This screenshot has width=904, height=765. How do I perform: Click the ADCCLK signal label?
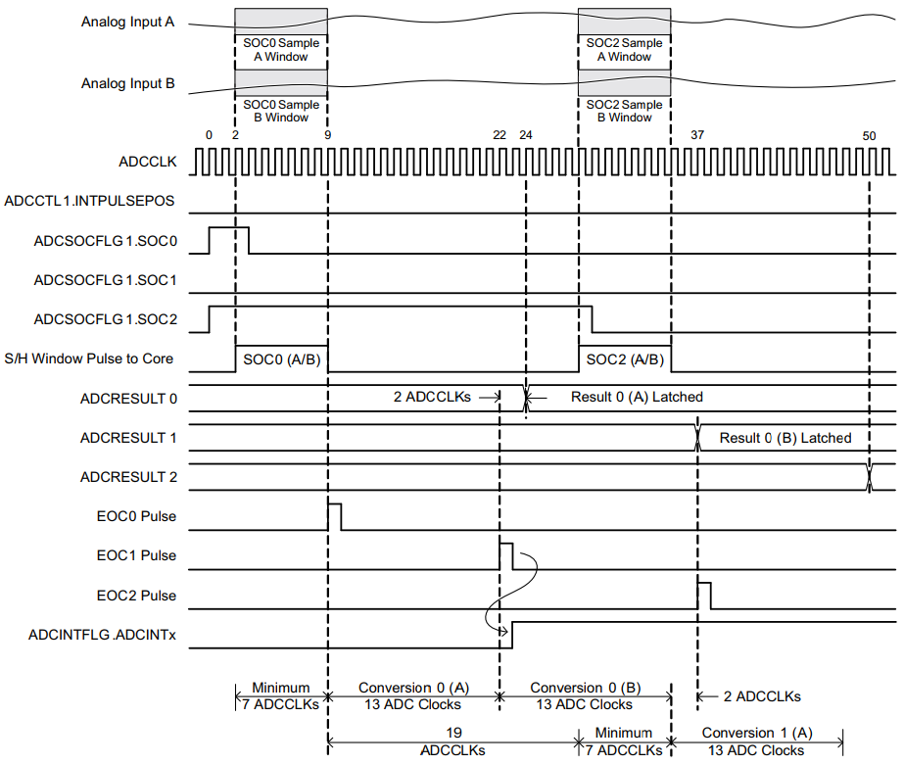coord(146,162)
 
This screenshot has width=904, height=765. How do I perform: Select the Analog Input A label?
coord(127,22)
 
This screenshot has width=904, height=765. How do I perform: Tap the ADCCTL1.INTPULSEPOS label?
coord(89,201)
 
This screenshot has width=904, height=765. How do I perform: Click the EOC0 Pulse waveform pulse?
coord(334,515)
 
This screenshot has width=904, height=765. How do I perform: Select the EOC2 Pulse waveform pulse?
coord(704,595)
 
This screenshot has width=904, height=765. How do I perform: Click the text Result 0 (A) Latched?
coord(637,397)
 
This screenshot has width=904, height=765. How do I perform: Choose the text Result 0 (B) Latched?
coord(785,438)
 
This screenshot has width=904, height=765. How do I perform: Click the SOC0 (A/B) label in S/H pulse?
coord(280,359)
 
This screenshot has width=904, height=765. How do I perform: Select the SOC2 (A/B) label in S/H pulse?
coord(625,359)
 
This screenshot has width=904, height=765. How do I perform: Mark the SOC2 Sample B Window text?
coord(625,111)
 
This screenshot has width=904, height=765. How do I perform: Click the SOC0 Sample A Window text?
coord(281,50)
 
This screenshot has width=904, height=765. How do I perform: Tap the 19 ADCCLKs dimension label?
coord(452,741)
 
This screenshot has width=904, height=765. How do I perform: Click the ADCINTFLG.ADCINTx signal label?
coord(102,635)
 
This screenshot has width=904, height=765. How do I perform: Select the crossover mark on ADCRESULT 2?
coord(869,477)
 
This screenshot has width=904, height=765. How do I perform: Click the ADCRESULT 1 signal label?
coord(129,438)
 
